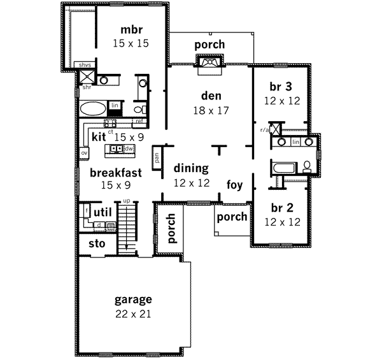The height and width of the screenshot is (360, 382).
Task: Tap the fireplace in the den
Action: click(208, 62)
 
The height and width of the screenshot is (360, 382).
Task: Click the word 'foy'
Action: click(235, 185)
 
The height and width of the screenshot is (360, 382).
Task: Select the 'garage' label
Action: click(133, 299)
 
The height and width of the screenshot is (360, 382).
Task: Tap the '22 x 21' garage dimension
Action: click(133, 313)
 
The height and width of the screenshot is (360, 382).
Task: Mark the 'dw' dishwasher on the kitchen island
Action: click(128, 148)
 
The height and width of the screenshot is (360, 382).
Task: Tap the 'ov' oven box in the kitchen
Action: click(83, 154)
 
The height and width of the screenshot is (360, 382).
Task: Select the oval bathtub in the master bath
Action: click(93, 107)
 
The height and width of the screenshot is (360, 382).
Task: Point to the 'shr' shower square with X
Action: click(87, 78)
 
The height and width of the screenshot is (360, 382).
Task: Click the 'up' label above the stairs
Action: click(126, 201)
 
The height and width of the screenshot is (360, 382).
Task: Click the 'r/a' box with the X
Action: click(275, 127)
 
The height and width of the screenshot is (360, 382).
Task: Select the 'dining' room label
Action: click(192, 169)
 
